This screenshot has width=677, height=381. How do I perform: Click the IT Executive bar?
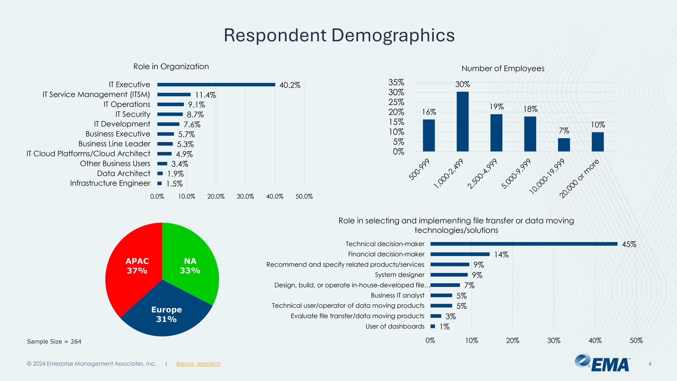click(x=216, y=85)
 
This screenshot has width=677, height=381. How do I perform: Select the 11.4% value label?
click(x=205, y=95)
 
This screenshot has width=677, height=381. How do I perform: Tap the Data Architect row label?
click(x=124, y=174)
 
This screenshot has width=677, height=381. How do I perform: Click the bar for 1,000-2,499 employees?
click(x=462, y=122)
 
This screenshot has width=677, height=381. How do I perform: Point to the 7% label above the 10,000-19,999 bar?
click(x=564, y=131)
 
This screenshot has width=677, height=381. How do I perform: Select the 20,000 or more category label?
click(x=579, y=179)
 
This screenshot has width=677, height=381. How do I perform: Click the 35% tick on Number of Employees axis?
click(x=396, y=82)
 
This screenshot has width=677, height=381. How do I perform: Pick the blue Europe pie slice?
click(x=166, y=314)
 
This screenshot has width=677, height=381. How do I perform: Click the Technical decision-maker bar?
click(x=524, y=244)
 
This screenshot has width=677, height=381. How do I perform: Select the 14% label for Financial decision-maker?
click(x=501, y=255)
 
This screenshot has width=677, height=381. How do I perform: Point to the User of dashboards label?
click(x=395, y=326)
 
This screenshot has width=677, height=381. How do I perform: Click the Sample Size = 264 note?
click(x=54, y=342)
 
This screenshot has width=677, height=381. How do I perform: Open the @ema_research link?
click(x=198, y=364)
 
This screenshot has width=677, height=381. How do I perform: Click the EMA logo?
click(x=602, y=363)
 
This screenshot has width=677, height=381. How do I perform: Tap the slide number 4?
click(x=650, y=364)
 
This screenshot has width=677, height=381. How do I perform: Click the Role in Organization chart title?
click(x=171, y=66)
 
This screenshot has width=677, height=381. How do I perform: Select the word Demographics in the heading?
click(x=393, y=35)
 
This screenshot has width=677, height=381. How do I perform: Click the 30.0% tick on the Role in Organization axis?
click(x=245, y=196)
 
